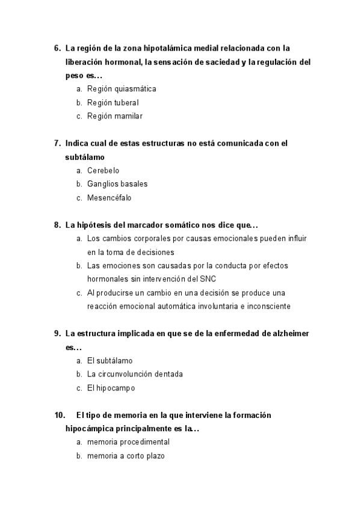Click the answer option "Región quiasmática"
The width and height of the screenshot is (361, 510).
tap(122, 89)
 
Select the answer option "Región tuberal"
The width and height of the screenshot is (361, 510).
tap(113, 103)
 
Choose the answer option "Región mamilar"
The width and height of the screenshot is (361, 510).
tap(114, 117)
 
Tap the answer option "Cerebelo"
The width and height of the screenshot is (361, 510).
tap(103, 170)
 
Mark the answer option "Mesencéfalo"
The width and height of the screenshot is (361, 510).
tap(109, 198)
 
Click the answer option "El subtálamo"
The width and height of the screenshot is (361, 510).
tap(110, 360)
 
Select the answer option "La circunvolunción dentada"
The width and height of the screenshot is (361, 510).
tap(135, 374)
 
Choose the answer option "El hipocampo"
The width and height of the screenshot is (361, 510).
tap(111, 388)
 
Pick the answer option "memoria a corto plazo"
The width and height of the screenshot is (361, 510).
tap(125, 456)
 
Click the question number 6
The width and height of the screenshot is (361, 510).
tap(57, 48)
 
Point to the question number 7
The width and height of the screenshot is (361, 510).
tap(57, 143)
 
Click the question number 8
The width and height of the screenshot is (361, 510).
tap(57, 225)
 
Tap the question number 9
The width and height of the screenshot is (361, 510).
tap(57, 333)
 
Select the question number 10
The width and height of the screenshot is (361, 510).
tap(60, 415)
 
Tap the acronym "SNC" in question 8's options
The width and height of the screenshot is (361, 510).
tap(208, 279)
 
